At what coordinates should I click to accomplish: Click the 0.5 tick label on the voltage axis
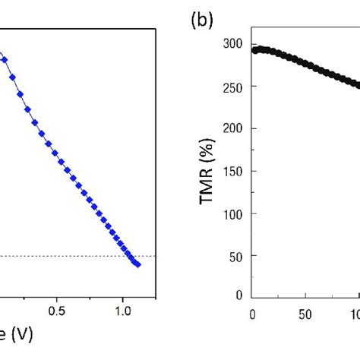56,311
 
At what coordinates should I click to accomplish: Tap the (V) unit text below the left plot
17,335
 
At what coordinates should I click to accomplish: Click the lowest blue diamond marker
137,264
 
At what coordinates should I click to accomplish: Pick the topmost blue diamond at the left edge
2,55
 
